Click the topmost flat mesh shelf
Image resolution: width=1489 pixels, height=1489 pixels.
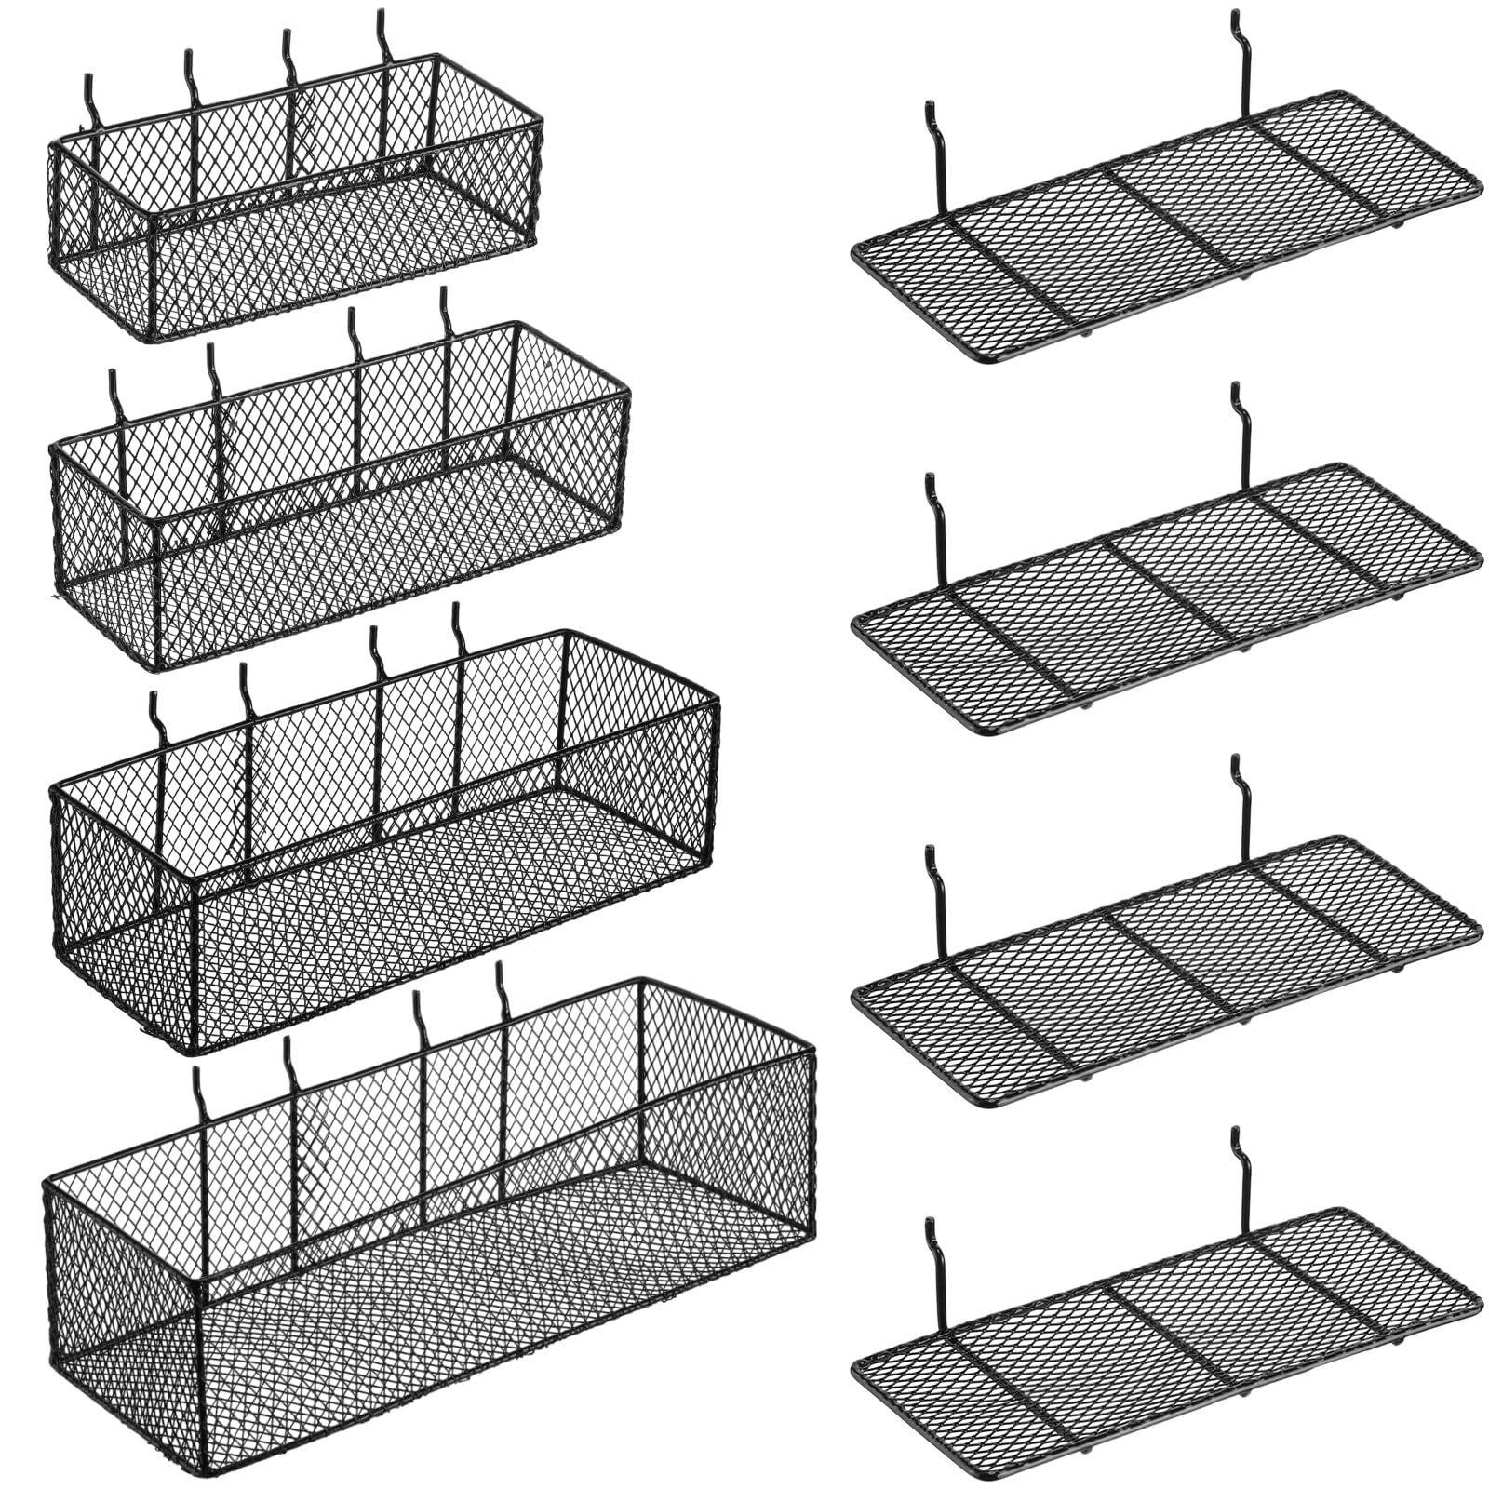pos(1163,228)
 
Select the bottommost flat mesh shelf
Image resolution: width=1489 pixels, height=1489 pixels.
pos(1163,1345)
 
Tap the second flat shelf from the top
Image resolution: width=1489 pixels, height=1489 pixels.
pos(1163,600)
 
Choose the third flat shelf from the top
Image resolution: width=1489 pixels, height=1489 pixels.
pos(1163,973)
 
